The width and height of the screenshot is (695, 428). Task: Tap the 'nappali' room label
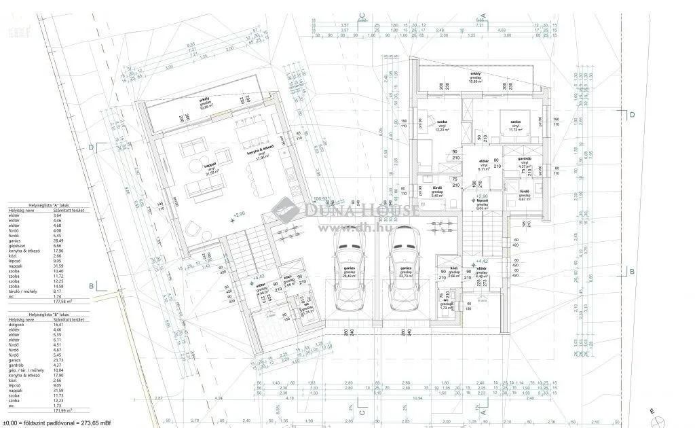pyautogui.click(x=210, y=164)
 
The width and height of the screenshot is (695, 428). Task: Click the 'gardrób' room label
pyautogui.click(x=524, y=158)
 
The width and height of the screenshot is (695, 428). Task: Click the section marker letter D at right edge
pyautogui.click(x=632, y=115)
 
